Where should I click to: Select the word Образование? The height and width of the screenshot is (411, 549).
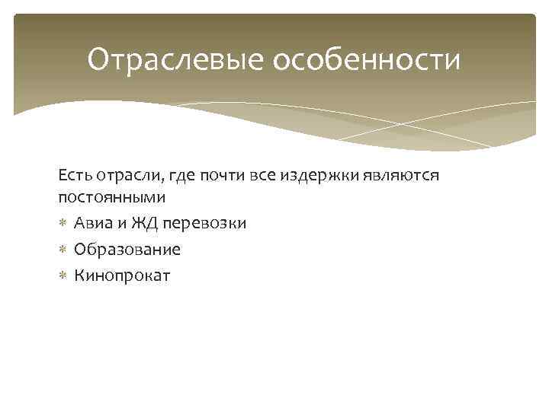127,250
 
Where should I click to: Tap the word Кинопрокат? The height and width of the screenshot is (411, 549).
122,276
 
